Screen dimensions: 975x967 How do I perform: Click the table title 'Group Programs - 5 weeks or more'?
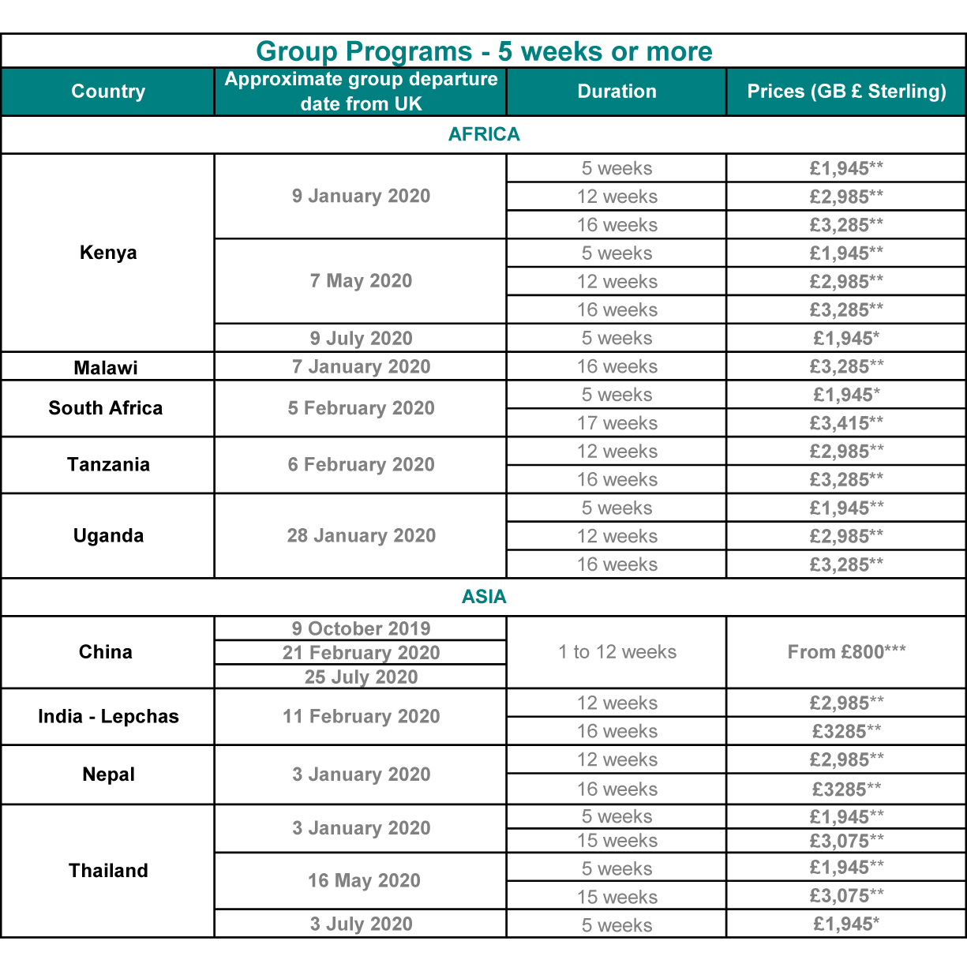(483, 51)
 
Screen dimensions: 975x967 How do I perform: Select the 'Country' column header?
(108, 92)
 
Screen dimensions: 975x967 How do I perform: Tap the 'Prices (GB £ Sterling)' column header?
(846, 92)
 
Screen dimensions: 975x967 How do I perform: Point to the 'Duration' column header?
(617, 92)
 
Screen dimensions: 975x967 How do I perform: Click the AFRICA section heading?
(484, 134)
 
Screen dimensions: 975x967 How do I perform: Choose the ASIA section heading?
(484, 597)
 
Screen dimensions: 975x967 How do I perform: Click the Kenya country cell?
(108, 253)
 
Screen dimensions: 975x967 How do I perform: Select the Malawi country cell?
(106, 368)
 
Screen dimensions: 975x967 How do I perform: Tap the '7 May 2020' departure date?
(361, 281)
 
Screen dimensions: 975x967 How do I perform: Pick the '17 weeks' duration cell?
(617, 423)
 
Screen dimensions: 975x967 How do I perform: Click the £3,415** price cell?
(846, 423)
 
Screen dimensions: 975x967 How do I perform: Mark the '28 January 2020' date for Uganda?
(361, 536)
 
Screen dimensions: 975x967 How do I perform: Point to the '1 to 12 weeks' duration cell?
(617, 652)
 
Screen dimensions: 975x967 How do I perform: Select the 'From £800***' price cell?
(846, 652)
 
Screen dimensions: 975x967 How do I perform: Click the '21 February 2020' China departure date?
(361, 653)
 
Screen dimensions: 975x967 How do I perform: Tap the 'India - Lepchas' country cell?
(108, 717)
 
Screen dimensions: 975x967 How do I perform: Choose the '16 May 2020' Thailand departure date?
(364, 881)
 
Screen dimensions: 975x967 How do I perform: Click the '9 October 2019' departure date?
(361, 629)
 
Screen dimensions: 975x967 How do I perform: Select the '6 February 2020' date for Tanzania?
(361, 465)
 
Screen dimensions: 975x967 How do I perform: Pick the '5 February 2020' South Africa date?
(361, 408)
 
